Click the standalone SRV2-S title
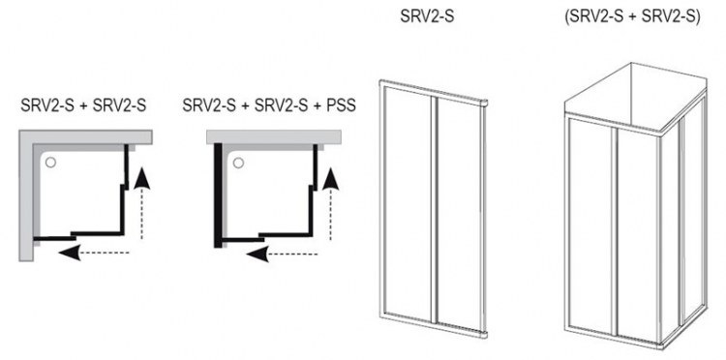(427, 17)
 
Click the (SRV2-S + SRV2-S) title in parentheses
(632, 17)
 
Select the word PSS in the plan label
(341, 105)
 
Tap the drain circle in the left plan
(50, 162)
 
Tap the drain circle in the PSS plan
(238, 163)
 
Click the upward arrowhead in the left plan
(142, 178)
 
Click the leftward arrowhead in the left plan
(71, 253)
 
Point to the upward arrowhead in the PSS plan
(331, 179)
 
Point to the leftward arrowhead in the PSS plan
(257, 254)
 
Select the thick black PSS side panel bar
(218, 195)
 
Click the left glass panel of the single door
(408, 202)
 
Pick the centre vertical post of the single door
(434, 209)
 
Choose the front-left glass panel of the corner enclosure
(591, 226)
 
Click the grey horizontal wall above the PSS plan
(274, 137)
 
